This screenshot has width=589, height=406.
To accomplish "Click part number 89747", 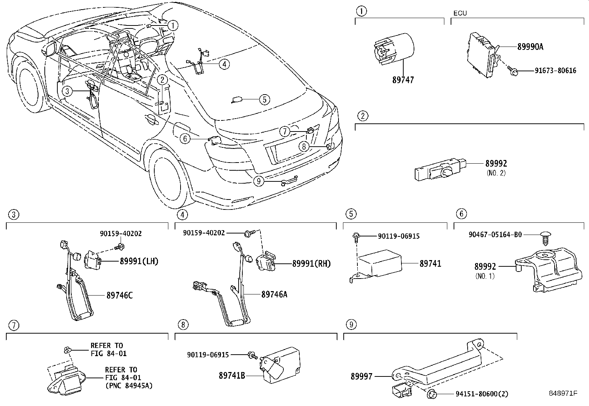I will click(403, 80).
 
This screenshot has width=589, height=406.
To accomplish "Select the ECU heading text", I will click(460, 13).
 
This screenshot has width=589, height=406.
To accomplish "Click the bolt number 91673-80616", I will click(550, 71).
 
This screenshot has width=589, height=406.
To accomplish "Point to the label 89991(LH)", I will click(139, 262).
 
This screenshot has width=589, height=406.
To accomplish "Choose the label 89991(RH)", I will click(311, 264).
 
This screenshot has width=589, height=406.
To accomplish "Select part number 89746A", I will click(274, 294).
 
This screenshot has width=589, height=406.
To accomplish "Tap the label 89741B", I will click(232, 376).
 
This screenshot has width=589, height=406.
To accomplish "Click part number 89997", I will click(362, 376).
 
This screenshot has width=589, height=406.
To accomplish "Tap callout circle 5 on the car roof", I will click(265, 99).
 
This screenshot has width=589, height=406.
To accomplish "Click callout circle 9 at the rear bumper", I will click(259, 181).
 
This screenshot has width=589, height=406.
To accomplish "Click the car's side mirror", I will click(50, 49).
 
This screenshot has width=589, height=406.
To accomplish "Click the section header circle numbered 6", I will click(461, 214).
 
